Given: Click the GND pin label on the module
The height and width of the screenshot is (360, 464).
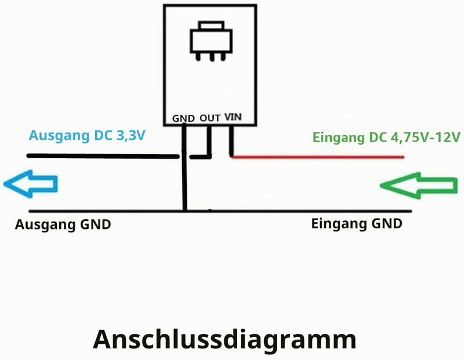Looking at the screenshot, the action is click(x=183, y=118).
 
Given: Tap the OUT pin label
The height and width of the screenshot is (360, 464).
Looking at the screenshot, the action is click(x=210, y=118).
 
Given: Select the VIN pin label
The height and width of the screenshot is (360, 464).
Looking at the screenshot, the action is click(x=233, y=117).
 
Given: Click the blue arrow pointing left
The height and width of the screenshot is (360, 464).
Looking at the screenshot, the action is click(x=30, y=184).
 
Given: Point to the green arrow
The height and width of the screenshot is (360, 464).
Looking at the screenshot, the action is click(x=419, y=186).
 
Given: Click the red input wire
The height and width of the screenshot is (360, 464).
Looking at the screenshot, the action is click(x=317, y=157).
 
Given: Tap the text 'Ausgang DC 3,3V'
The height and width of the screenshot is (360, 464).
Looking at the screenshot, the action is click(x=87, y=136).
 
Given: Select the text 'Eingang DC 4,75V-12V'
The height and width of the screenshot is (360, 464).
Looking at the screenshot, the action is click(x=386, y=137).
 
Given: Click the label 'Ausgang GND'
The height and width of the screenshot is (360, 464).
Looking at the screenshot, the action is click(x=63, y=224).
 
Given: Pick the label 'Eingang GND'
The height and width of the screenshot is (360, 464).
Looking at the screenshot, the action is click(x=357, y=224).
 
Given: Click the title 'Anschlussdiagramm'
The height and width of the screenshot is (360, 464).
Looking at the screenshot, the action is click(x=224, y=340).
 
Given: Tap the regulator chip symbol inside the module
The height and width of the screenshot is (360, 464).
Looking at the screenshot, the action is click(x=211, y=41).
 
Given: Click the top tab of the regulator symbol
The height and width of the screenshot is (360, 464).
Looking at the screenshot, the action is click(x=211, y=25).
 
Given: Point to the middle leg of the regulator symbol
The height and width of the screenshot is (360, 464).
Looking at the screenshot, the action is click(x=211, y=57).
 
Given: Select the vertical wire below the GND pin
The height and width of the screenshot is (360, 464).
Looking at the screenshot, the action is click(x=184, y=168).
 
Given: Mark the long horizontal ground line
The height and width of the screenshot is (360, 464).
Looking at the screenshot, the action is click(x=220, y=211).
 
